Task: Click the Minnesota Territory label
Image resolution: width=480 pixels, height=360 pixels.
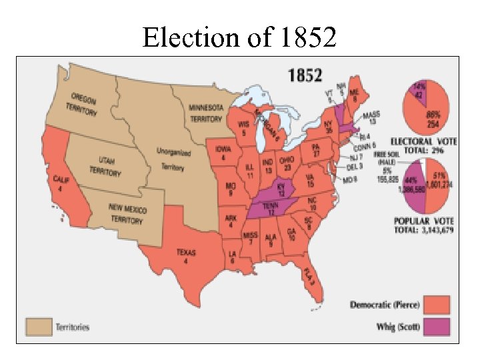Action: coord(205,113)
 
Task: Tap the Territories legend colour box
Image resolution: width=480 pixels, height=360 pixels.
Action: coord(39,327)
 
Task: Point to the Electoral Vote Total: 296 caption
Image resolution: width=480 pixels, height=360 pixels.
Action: coord(426,146)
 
